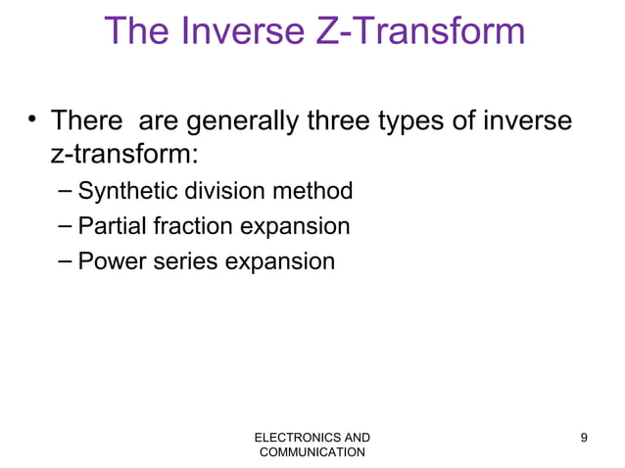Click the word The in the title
136,31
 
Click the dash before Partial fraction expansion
64,227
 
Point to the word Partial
106,227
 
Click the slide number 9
585,437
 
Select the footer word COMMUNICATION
312,452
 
